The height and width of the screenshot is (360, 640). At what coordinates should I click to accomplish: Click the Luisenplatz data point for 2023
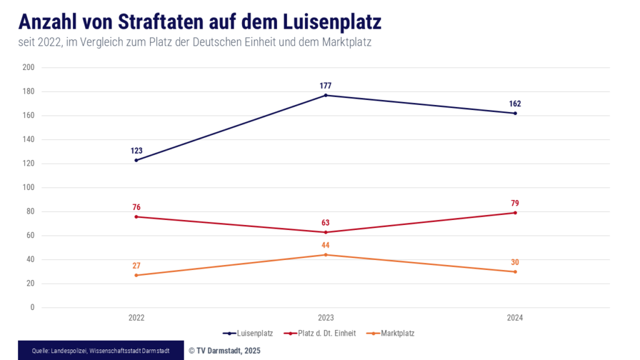[326, 95]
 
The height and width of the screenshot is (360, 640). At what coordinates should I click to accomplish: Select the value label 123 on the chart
[136, 151]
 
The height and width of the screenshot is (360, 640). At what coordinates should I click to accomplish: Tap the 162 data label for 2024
[515, 104]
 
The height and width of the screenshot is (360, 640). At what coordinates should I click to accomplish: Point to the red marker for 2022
[136, 217]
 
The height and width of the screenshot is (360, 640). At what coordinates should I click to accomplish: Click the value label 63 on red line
[326, 222]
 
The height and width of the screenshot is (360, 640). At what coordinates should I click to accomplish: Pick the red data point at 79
[515, 212]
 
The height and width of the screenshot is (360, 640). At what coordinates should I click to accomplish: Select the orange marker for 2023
[326, 254]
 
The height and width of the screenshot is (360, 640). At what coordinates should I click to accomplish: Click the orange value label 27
[136, 266]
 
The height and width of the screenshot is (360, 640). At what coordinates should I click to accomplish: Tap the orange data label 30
[515, 262]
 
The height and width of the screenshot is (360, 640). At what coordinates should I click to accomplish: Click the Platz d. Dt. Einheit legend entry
[319, 333]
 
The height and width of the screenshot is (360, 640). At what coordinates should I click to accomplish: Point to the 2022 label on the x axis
[136, 317]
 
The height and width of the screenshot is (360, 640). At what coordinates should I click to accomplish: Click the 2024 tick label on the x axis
[515, 317]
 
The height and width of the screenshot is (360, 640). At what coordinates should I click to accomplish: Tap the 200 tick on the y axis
[29, 67]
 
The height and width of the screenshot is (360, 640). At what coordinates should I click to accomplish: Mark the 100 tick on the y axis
[29, 187]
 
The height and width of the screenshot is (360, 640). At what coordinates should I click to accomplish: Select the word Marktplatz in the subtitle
[349, 42]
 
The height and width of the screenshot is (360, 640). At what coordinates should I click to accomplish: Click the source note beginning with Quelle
[101, 351]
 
